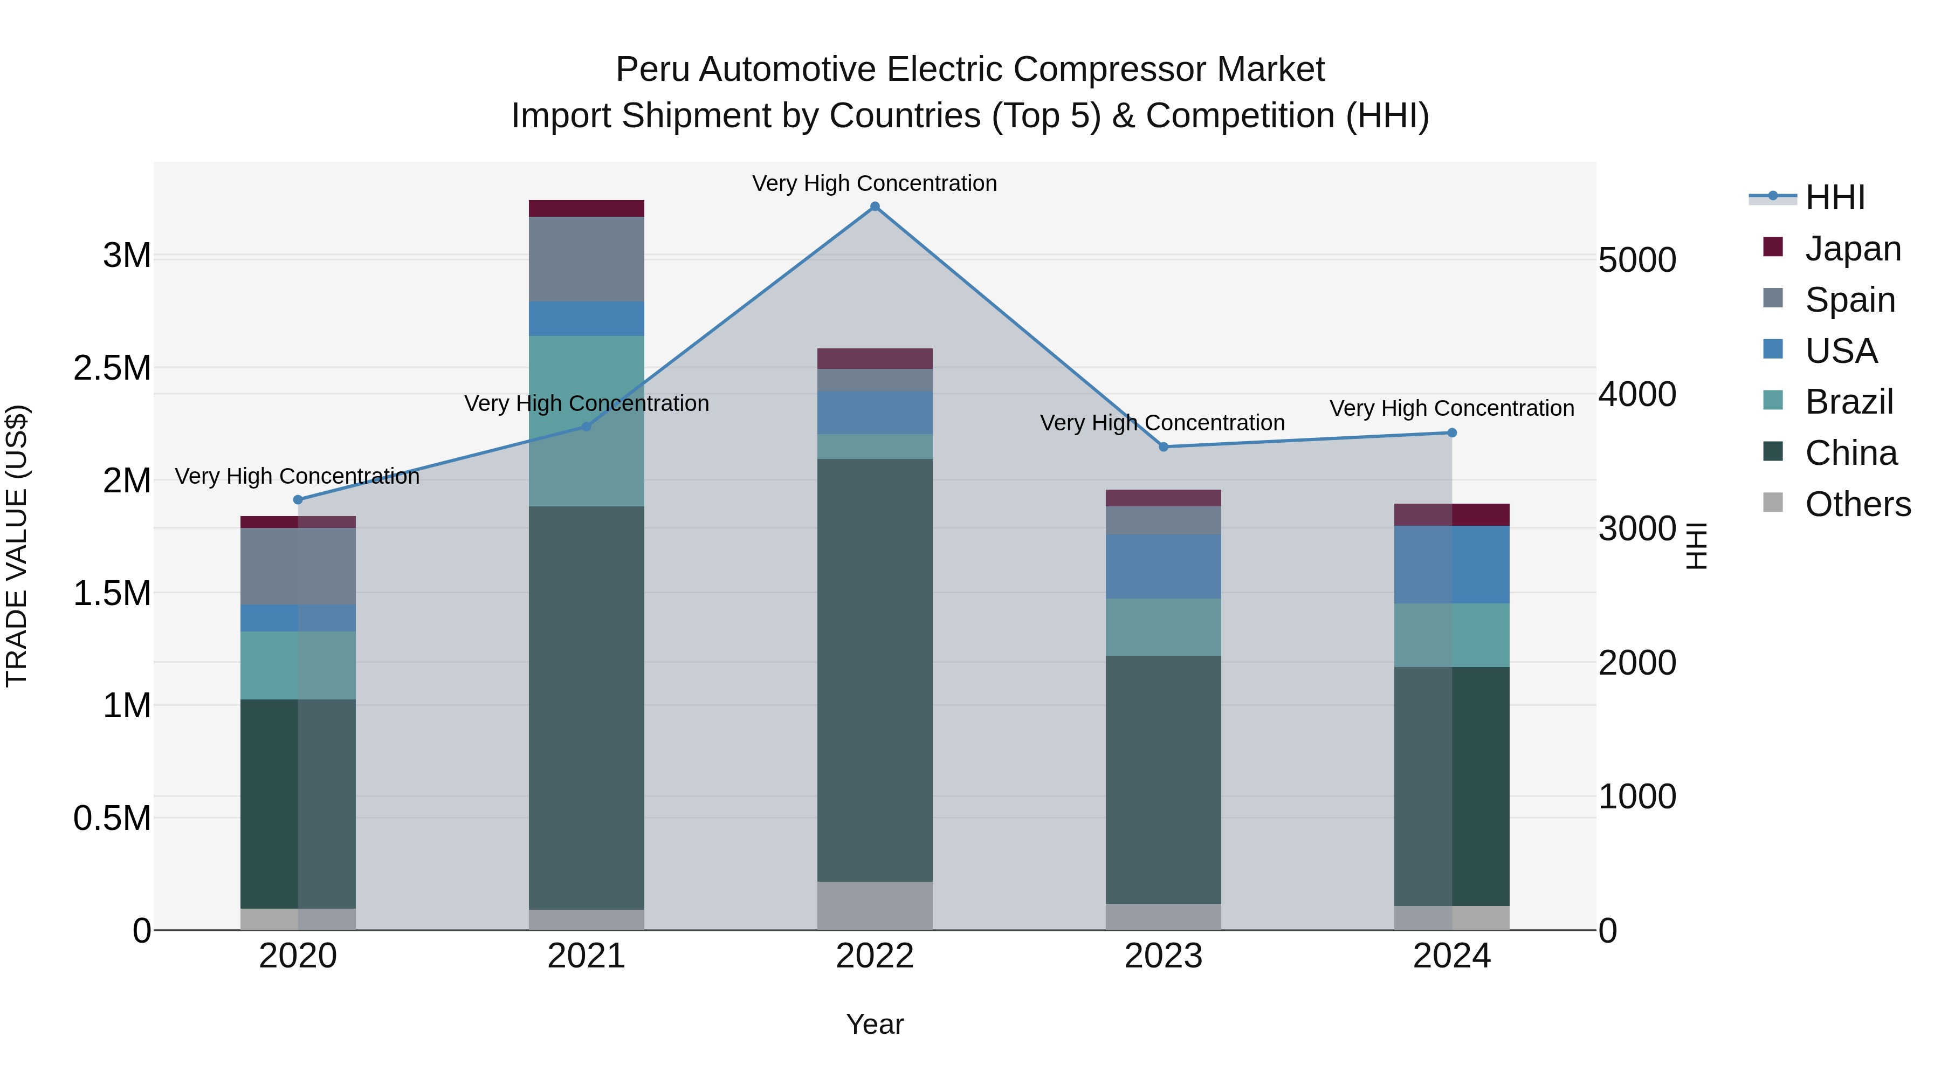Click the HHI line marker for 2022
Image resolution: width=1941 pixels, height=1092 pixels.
[875, 207]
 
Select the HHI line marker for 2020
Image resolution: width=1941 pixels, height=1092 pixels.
[298, 500]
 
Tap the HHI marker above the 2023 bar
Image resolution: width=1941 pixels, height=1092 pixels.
[1164, 447]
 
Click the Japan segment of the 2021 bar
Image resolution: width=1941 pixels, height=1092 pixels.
[586, 209]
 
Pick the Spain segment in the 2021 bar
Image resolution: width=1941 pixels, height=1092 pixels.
[586, 259]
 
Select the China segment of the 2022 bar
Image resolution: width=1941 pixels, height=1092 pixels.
[875, 671]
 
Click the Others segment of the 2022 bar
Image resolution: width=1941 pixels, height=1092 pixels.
[875, 906]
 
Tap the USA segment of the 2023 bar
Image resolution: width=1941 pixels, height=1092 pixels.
[1164, 567]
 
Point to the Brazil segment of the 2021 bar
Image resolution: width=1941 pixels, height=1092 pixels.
[586, 421]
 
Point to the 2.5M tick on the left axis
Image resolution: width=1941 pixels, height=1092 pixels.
[112, 368]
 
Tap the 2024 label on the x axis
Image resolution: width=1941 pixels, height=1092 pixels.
[1451, 956]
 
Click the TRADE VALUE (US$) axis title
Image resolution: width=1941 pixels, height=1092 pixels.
[17, 546]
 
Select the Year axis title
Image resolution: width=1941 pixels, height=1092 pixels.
[875, 1024]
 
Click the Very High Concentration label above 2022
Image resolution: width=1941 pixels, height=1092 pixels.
[875, 183]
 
